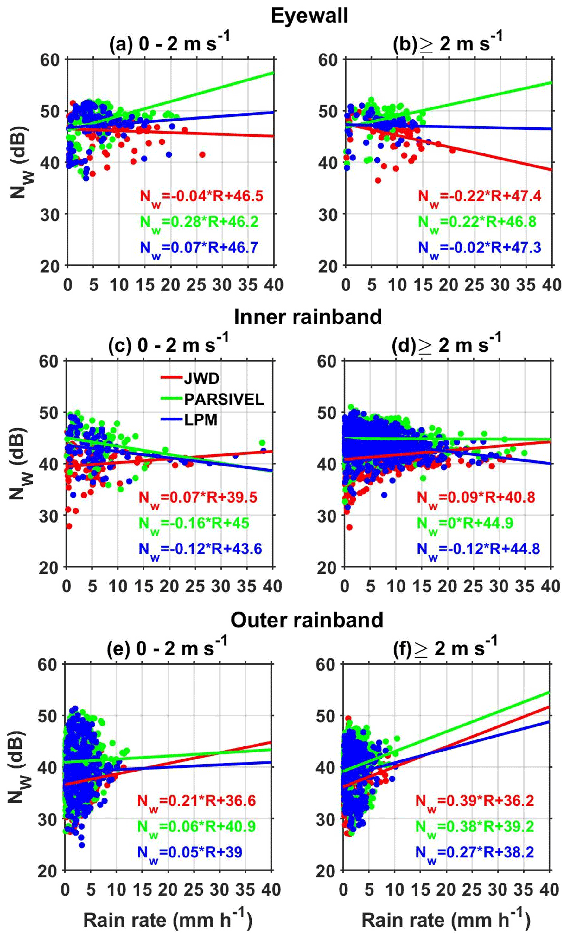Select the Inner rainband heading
308,317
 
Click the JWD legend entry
201,378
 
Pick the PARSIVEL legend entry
224,399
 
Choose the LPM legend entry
201,420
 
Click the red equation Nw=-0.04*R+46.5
201,196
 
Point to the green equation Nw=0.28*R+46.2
199,222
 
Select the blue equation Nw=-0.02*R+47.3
480,248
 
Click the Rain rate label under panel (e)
167,921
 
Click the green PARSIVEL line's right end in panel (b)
550,83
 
